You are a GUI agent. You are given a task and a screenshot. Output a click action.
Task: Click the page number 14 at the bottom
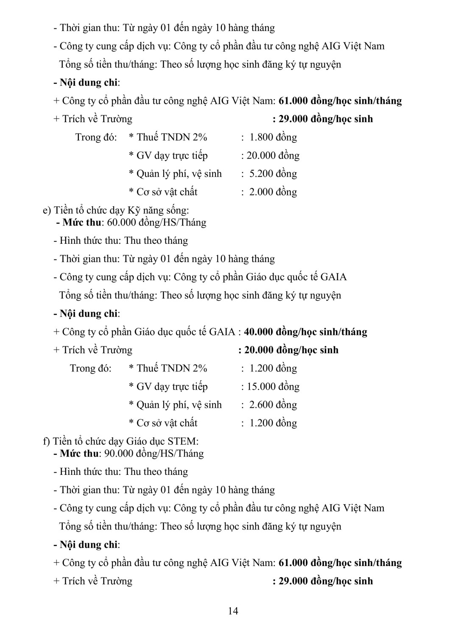[233, 611]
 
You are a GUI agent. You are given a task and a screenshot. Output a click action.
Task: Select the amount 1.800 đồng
[273, 137]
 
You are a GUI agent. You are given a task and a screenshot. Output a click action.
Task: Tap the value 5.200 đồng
[273, 173]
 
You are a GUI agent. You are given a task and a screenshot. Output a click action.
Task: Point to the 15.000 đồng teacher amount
[273, 386]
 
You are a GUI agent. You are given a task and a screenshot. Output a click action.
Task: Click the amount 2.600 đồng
[273, 404]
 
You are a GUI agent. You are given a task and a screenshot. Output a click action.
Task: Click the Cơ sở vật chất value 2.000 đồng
[273, 192]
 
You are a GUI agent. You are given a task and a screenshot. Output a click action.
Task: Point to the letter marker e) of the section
[47, 210]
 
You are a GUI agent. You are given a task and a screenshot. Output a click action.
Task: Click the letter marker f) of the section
[46, 441]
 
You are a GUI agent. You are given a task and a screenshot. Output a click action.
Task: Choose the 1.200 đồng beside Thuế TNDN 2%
[273, 368]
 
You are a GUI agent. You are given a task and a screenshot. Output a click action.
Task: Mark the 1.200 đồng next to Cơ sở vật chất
[273, 423]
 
